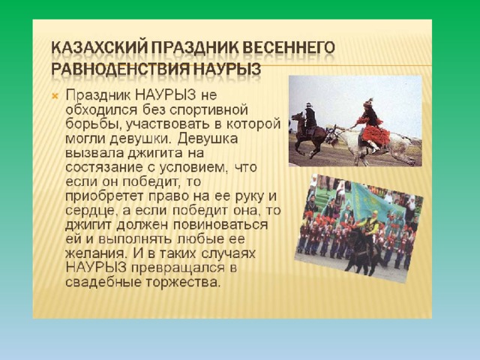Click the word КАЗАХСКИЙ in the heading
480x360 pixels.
[x=99, y=47]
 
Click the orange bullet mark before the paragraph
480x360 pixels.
[x=55, y=97]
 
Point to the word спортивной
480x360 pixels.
[x=208, y=110]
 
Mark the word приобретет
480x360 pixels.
[x=104, y=196]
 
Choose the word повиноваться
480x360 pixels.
[x=221, y=225]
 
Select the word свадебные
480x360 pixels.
[x=103, y=282]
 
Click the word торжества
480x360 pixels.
[x=183, y=283]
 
